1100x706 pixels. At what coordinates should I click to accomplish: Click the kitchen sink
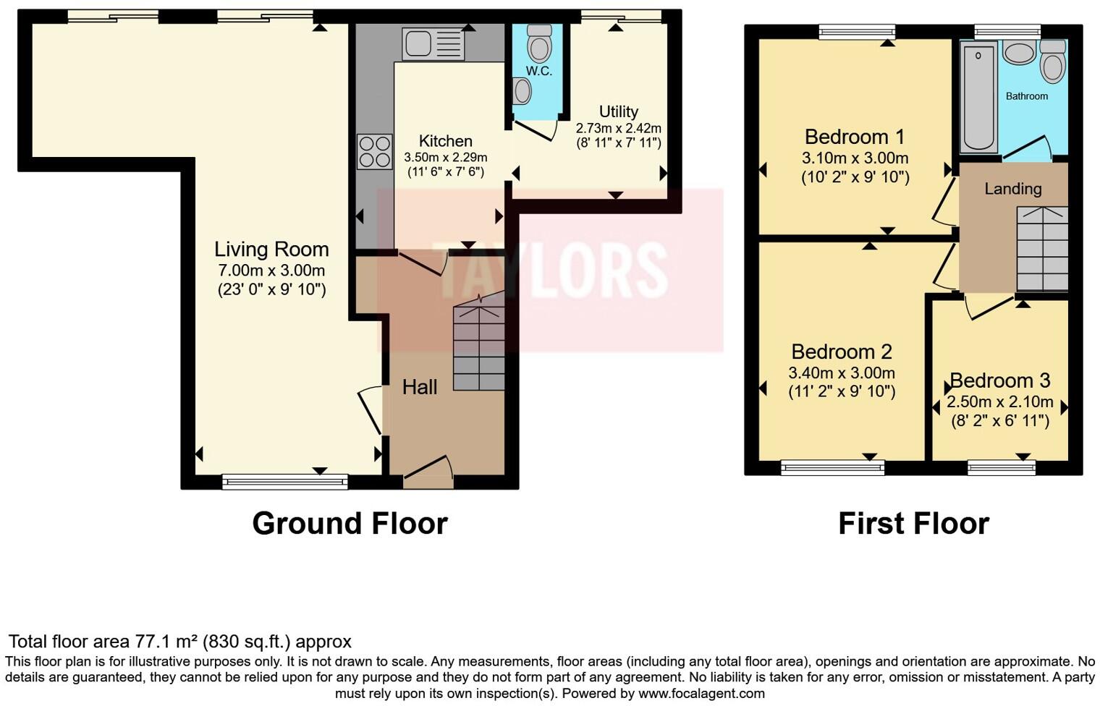(x=433, y=44)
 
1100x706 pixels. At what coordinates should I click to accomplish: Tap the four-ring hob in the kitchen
(x=375, y=152)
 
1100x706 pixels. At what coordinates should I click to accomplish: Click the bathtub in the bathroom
(x=978, y=98)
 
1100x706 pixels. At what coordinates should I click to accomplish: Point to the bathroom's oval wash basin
(x=1019, y=54)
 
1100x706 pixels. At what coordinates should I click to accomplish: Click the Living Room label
(x=271, y=250)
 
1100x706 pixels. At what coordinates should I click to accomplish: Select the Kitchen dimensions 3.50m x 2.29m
(x=445, y=157)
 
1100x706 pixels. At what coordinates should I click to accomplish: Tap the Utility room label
(x=618, y=111)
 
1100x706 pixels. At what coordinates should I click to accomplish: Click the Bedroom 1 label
(x=855, y=137)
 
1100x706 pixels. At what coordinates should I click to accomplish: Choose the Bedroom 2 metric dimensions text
(x=841, y=373)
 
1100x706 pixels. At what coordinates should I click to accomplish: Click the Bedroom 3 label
(x=999, y=380)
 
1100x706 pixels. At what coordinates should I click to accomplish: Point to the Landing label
(x=1012, y=189)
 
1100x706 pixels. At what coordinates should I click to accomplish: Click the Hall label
(x=420, y=387)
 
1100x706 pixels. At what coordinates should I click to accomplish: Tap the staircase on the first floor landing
(x=1042, y=248)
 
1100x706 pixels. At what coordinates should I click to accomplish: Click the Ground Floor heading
(x=350, y=523)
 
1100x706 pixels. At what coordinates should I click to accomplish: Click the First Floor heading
(x=913, y=523)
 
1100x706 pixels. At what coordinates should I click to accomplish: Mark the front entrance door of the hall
(x=428, y=470)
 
